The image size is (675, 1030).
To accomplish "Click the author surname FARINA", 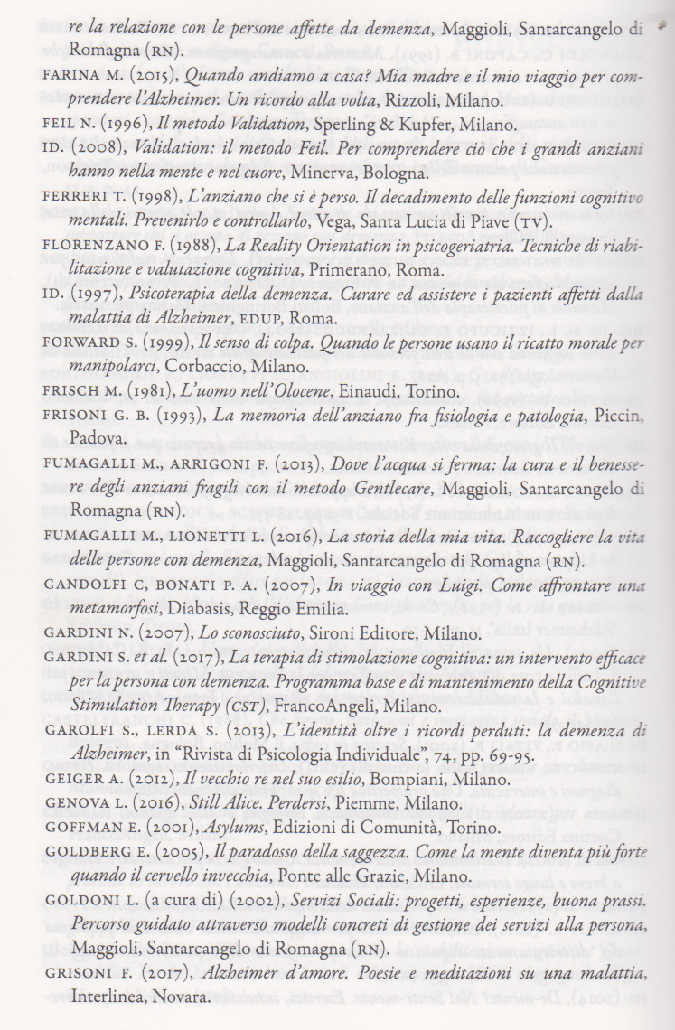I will pos(70,78).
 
